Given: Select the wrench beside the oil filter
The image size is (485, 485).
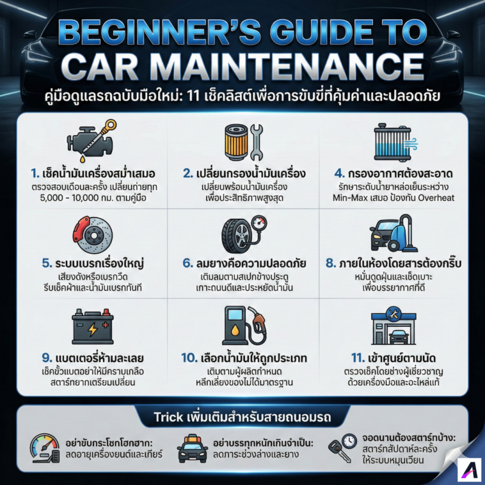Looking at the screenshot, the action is tap(257, 142).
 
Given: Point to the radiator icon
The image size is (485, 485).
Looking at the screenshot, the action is tap(393, 142).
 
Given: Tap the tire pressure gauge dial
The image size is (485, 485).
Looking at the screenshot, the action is tap(259, 223).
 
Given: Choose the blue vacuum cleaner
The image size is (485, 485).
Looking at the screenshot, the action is tap(402, 234).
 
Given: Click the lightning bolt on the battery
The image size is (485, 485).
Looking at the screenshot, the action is tap(93, 330).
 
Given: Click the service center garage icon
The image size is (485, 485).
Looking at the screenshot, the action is tap(394, 326).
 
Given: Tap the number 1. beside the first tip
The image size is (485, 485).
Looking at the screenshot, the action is tap(35, 173).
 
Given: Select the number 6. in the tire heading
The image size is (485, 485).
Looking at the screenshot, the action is tap(187, 263).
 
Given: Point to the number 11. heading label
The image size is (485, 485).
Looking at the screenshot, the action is tap(358, 358).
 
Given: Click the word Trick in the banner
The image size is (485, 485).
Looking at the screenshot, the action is tap(168, 417).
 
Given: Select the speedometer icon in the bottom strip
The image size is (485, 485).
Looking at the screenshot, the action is tap(45, 448).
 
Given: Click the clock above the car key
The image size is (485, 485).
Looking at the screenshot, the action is tap(349, 441).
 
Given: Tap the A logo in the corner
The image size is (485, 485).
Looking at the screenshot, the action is tap(469, 473).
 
